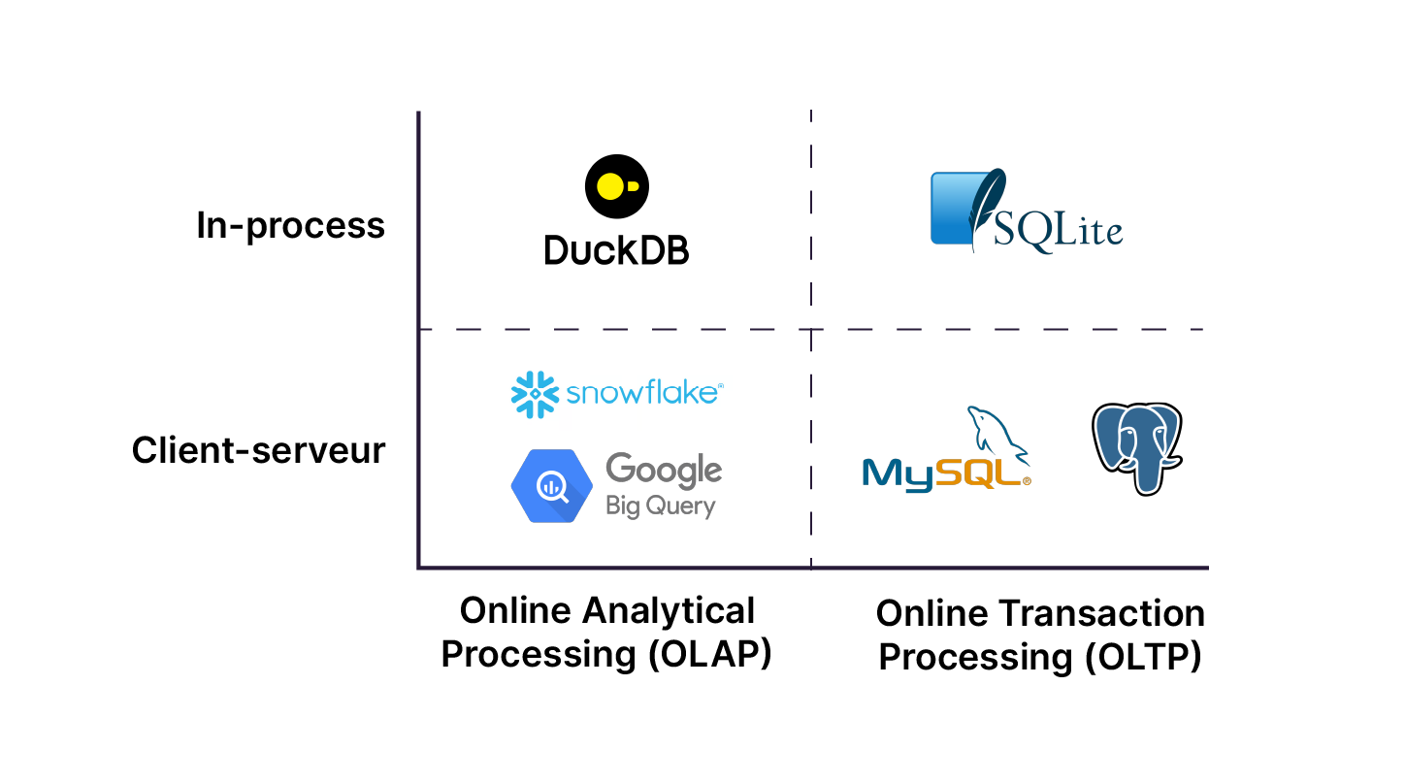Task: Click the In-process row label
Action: tap(290, 226)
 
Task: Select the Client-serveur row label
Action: tap(258, 451)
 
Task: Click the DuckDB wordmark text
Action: tap(616, 250)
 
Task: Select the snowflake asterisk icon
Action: tap(535, 394)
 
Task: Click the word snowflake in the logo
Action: tap(644, 393)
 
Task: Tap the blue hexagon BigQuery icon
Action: tap(551, 486)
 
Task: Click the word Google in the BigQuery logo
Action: tap(664, 470)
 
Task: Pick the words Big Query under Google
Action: tap(660, 506)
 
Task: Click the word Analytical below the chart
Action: tap(669, 611)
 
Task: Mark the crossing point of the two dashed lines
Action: tap(811, 330)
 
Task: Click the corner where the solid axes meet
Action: tap(418, 568)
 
